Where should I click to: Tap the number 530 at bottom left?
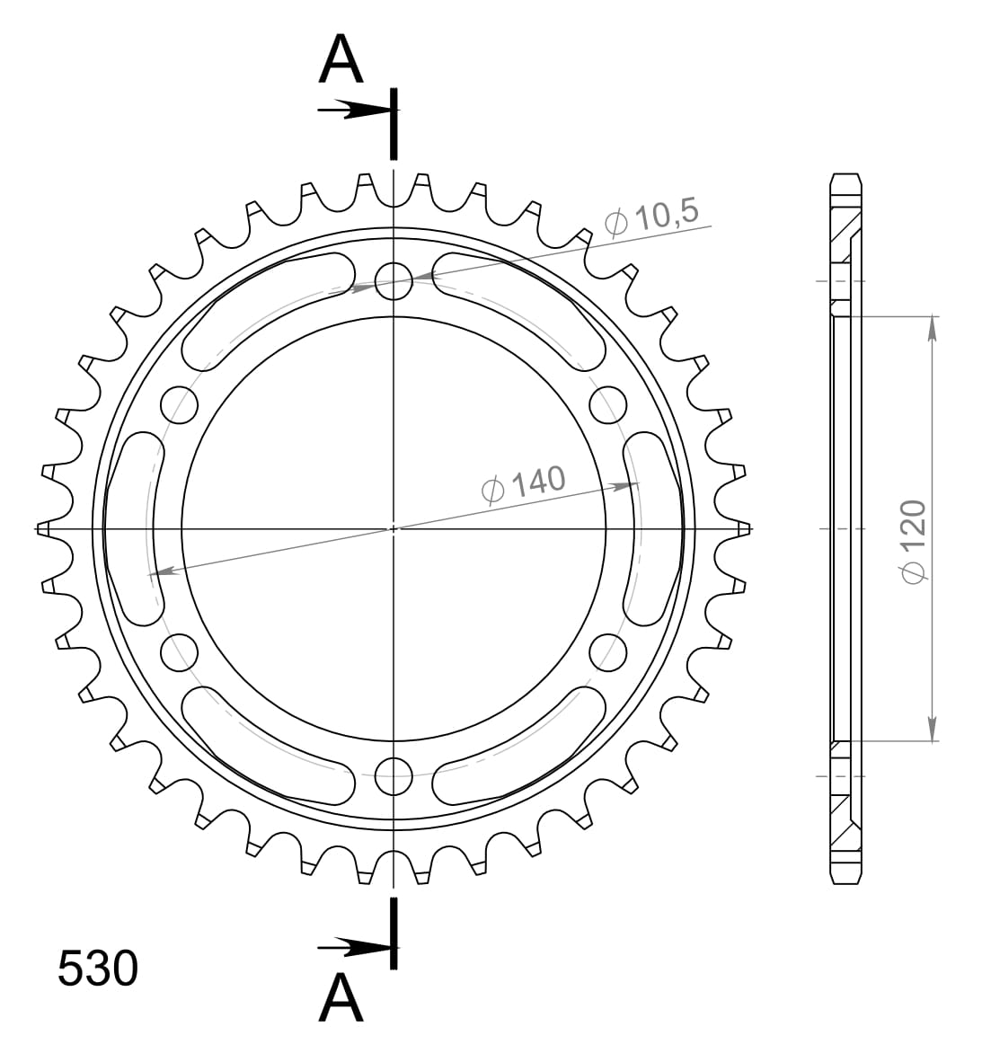[x=98, y=969]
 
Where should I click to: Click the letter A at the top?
[x=341, y=60]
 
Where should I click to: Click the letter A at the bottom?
[x=341, y=998]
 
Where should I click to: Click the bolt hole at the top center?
[x=394, y=280]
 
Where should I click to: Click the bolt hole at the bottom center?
[x=394, y=776]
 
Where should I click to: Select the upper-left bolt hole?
[x=179, y=404]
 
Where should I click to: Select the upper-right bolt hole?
[x=608, y=404]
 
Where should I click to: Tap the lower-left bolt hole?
[x=179, y=652]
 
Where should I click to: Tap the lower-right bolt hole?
[x=608, y=652]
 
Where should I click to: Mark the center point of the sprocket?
[x=394, y=528]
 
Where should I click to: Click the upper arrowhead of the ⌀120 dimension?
[x=933, y=329]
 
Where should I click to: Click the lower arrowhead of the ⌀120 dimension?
[x=933, y=729]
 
